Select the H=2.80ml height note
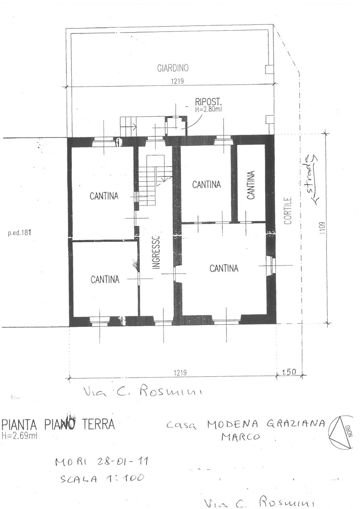208,109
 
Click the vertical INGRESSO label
156,252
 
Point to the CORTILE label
288,211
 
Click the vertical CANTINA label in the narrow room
251,185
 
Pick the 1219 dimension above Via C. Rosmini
180,373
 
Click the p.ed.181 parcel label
19,233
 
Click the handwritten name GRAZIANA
295,424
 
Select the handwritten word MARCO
240,436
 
